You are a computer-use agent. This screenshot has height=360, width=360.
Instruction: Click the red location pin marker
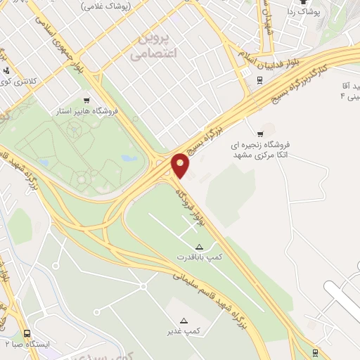(181, 165)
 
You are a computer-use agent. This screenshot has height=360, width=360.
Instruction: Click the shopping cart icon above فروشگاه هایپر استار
(86, 100)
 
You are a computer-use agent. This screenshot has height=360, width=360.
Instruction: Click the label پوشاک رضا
(304, 13)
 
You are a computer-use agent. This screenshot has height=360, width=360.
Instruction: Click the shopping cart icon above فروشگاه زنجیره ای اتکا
(262, 134)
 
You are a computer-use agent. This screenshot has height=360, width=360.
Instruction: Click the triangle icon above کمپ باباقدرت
(199, 247)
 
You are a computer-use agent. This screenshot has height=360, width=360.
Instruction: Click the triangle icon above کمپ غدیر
(184, 320)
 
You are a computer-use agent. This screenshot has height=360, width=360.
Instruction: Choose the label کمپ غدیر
(188, 331)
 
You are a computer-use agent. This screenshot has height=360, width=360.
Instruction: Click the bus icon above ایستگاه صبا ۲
(27, 333)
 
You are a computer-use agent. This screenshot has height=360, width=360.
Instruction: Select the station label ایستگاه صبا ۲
(28, 345)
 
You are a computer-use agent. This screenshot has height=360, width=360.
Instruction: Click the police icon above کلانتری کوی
(6, 70)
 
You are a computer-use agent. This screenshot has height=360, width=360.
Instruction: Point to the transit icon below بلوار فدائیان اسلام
(259, 79)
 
